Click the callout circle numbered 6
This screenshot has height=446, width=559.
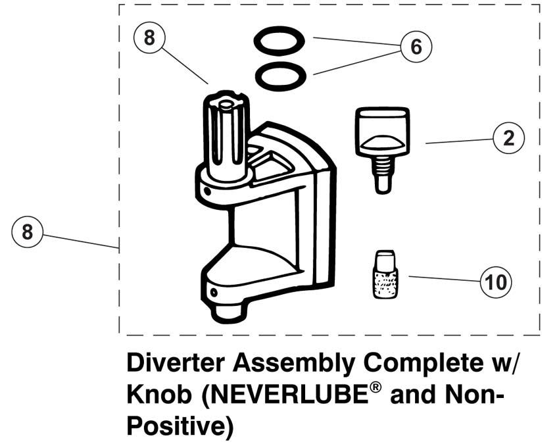(416, 47)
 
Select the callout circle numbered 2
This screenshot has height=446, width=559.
(509, 137)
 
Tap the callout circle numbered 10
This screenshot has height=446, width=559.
(496, 282)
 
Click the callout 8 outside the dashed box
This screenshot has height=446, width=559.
(27, 232)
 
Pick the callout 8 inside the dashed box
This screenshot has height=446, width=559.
(150, 37)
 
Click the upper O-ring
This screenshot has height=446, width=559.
(279, 41)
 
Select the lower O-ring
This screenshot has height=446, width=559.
(281, 76)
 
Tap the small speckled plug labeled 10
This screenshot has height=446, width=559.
(385, 274)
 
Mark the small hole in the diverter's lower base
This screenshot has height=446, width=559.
(214, 293)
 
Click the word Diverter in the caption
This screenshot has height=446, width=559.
(176, 363)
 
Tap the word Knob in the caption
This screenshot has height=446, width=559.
(159, 395)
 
